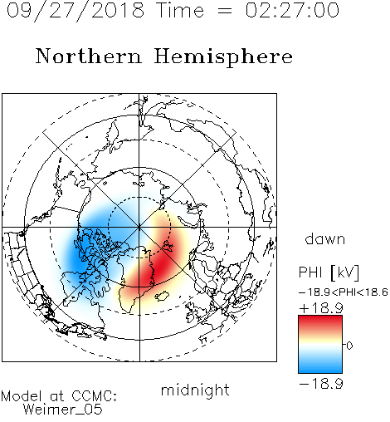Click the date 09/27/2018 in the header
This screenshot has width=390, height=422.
[x=76, y=11]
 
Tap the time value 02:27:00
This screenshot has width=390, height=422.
[x=292, y=10]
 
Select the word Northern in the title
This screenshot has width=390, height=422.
[x=89, y=56]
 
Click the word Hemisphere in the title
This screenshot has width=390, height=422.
[x=223, y=56]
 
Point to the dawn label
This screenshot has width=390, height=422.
[x=325, y=238]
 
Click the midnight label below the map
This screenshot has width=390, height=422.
[x=195, y=390]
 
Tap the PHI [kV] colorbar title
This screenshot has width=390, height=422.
[x=329, y=272]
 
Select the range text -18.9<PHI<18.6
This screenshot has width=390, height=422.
[x=343, y=292]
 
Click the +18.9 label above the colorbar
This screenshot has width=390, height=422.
[x=321, y=308]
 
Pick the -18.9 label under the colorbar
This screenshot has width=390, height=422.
[x=321, y=384]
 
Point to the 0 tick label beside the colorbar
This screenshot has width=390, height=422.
[x=349, y=346]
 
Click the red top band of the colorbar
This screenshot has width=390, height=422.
[x=320, y=321]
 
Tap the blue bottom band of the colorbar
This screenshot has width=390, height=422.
[x=320, y=367]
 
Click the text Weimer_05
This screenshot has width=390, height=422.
[x=63, y=410]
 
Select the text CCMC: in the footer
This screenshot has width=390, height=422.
[x=94, y=396]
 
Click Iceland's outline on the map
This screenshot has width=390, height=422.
[x=162, y=296]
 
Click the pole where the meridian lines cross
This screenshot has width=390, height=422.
[x=139, y=227]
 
